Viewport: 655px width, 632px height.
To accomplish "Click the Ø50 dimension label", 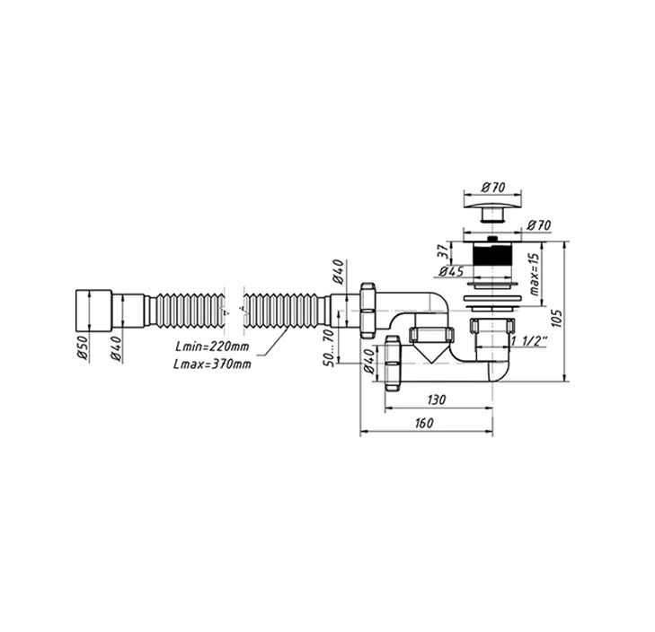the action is (83, 347).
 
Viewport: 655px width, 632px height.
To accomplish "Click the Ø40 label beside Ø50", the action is (116, 348).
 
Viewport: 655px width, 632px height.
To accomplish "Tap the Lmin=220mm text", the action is (212, 347).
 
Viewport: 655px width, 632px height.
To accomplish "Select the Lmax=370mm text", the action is (213, 364).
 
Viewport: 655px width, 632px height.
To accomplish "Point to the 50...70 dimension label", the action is (329, 347).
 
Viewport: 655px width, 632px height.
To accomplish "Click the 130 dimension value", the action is (437, 399).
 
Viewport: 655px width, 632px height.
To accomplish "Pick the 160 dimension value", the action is (424, 423).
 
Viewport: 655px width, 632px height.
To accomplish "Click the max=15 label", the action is (535, 275).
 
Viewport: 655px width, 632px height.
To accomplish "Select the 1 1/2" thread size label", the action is (529, 341).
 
